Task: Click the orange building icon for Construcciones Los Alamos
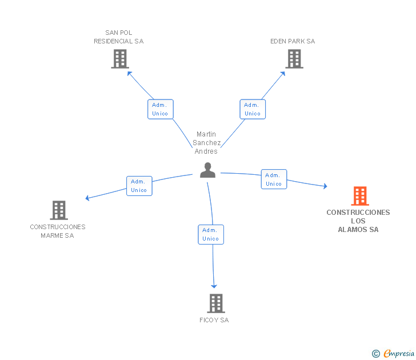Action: coord(359,196)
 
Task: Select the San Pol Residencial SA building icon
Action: coord(119,59)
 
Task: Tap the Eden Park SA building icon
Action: coord(294,59)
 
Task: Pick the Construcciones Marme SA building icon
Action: coord(59,210)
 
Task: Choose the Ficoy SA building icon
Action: coord(215,303)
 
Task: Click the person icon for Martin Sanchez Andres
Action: coord(207,170)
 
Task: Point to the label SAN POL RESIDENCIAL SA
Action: coord(119,37)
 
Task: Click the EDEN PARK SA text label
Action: coord(293,41)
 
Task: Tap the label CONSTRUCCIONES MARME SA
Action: coord(58,231)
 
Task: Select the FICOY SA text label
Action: coord(214,320)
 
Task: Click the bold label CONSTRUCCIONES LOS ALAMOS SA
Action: coord(358,221)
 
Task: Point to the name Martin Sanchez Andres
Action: coord(206,143)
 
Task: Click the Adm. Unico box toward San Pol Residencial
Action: coord(160,109)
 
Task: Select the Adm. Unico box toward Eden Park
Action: coord(253,109)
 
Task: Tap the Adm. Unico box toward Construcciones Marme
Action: coord(139,186)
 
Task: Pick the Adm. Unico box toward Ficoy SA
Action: coord(211,234)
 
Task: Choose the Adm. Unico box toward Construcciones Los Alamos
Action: coord(274,179)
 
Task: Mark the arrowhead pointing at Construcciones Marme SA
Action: coord(87,198)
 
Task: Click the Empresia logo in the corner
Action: coord(393,353)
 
